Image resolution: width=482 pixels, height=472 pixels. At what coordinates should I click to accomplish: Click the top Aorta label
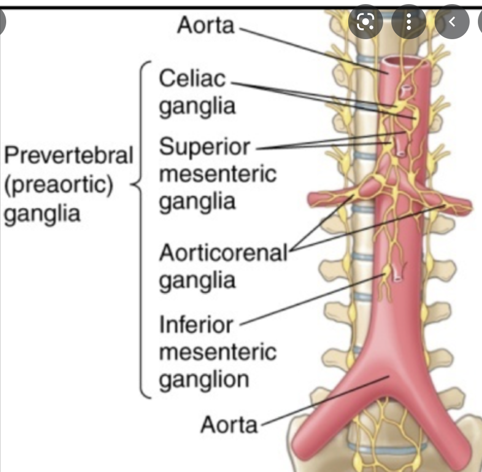click(205, 25)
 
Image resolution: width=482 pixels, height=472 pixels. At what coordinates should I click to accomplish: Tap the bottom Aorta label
click(229, 425)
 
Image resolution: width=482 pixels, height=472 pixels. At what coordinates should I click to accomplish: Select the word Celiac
click(192, 79)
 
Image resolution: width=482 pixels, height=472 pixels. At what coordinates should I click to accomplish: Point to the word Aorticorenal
click(223, 253)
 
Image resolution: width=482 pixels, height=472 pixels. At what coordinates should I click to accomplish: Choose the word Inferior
click(196, 325)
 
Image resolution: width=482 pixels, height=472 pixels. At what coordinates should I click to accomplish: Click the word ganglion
click(204, 380)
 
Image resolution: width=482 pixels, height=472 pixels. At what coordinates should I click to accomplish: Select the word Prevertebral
click(68, 155)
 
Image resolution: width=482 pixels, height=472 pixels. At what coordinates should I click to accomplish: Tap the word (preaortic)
click(58, 184)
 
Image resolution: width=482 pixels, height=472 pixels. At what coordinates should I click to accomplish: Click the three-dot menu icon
click(408, 22)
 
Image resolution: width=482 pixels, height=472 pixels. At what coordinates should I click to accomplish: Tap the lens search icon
click(365, 22)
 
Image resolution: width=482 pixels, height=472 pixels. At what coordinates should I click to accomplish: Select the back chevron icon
click(452, 22)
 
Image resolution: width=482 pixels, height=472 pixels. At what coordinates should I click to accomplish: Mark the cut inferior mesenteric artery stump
click(397, 272)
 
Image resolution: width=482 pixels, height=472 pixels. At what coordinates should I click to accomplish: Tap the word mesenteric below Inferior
click(217, 353)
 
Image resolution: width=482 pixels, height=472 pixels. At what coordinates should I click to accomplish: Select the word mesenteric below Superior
click(217, 174)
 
